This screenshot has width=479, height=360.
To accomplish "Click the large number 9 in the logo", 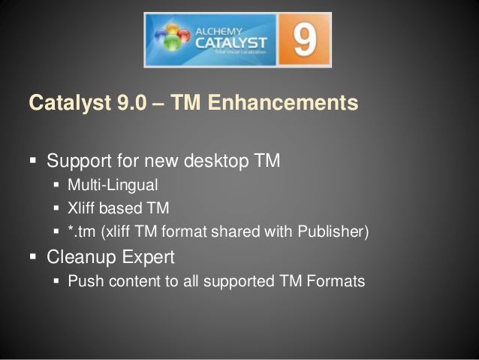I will pyautogui.click(x=304, y=41).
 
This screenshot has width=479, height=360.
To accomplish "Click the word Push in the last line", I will pyautogui.click(x=81, y=282).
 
